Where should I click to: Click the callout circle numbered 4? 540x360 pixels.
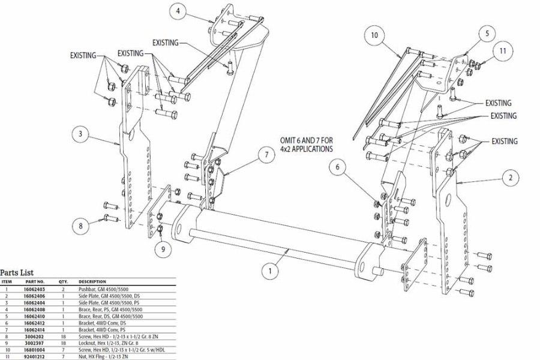[178, 11]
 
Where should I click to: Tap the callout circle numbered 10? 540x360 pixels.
[374, 35]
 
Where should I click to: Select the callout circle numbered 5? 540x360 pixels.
[487, 34]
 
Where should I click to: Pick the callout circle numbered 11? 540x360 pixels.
[503, 50]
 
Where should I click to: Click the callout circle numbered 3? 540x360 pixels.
[80, 134]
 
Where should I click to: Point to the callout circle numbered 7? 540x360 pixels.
[266, 155]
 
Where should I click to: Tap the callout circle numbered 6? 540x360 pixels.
[337, 167]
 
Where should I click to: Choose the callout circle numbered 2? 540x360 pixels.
[511, 178]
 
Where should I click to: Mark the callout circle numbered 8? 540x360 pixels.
[81, 226]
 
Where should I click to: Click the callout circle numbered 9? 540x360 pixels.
[163, 249]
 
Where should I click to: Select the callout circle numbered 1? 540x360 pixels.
[271, 271]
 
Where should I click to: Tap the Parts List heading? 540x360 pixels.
[17, 272]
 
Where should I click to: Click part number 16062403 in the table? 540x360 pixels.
[34, 289]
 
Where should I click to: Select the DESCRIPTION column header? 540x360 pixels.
[92, 282]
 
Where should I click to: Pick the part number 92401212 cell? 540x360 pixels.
[34, 357]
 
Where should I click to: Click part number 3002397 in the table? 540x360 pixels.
[34, 343]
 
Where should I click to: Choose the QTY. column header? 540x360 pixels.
[63, 282]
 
